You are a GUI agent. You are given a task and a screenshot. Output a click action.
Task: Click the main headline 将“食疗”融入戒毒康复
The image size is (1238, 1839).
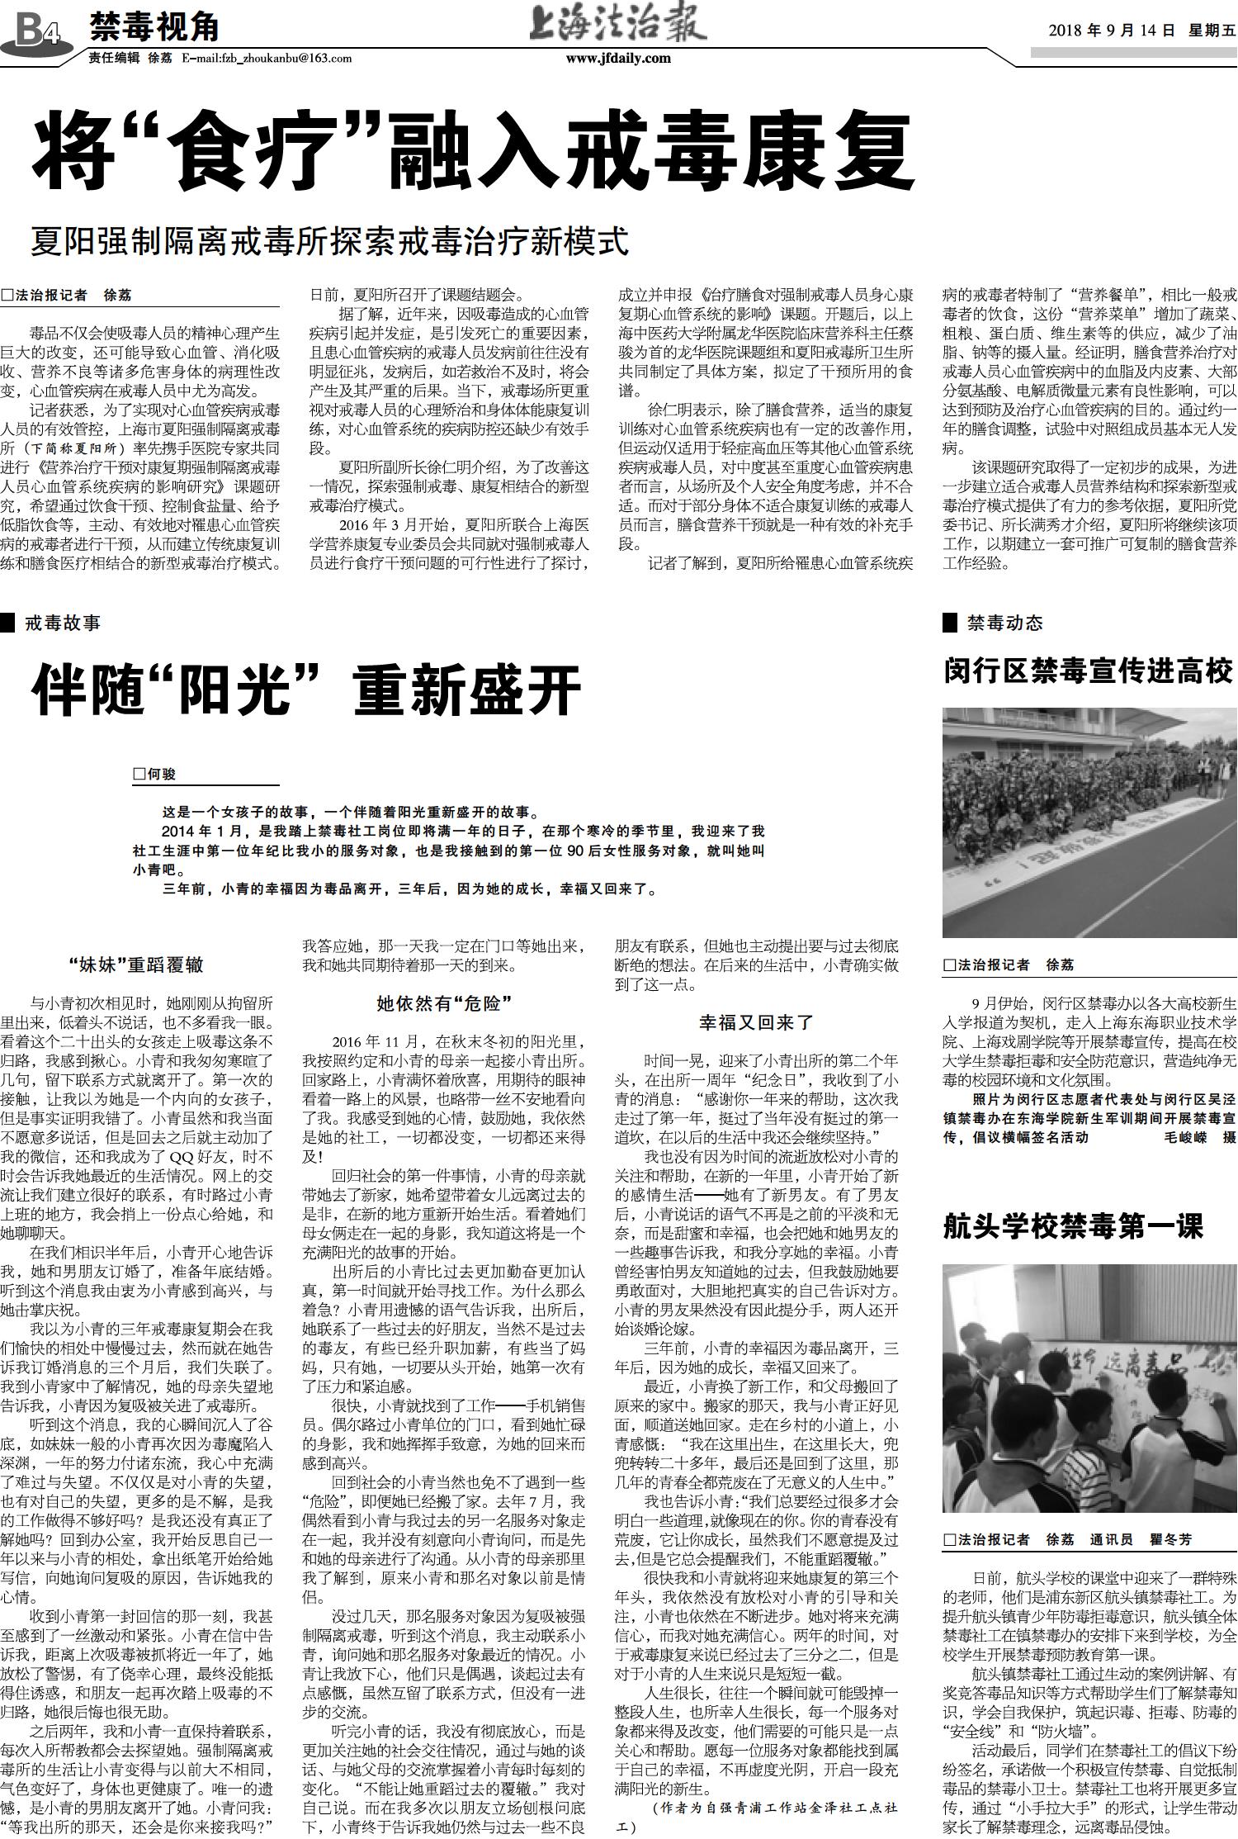point(472,155)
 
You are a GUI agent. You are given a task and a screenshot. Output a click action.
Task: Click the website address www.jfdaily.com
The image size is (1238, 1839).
point(618,59)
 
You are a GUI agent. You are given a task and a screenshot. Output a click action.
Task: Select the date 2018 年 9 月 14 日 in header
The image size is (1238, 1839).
point(1111,31)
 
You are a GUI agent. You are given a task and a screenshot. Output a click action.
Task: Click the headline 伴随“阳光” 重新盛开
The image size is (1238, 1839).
point(307,692)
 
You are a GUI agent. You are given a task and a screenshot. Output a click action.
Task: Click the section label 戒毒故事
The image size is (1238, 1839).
point(63,623)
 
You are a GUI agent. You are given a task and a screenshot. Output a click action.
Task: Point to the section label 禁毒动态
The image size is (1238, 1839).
point(1004,623)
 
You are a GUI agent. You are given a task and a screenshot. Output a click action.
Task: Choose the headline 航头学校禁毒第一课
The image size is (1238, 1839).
point(1073,1227)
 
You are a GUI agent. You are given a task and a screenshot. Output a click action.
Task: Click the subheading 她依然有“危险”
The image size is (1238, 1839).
point(445,1003)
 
